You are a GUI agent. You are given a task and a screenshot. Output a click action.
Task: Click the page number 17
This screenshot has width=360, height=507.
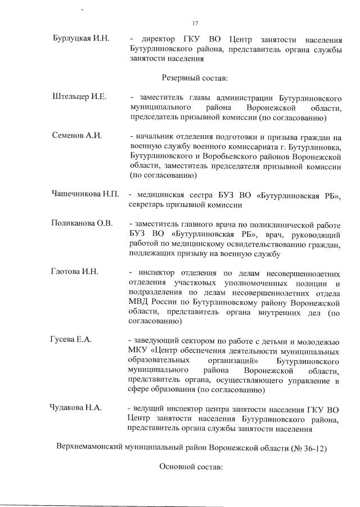coord(195,24)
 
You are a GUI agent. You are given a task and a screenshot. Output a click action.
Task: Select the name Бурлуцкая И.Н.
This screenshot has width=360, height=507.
coord(80,39)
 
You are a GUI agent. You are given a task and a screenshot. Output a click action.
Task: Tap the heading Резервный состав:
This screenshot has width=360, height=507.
coord(195,78)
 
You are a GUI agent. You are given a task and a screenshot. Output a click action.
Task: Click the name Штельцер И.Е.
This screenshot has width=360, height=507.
coord(79,97)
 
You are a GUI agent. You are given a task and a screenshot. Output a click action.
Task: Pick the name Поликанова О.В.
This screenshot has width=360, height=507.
coord(82,223)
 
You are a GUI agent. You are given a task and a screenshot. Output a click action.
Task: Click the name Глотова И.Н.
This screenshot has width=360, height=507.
coord(75,272)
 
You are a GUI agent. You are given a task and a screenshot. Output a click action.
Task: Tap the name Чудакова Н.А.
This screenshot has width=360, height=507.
coord(75,408)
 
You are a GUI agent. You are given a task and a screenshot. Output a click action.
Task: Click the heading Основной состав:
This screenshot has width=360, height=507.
coord(192,466)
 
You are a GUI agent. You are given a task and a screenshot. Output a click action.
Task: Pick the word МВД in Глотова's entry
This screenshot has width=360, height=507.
coord(137,302)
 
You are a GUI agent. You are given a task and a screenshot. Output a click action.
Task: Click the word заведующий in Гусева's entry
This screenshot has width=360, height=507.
coord(154,340)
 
